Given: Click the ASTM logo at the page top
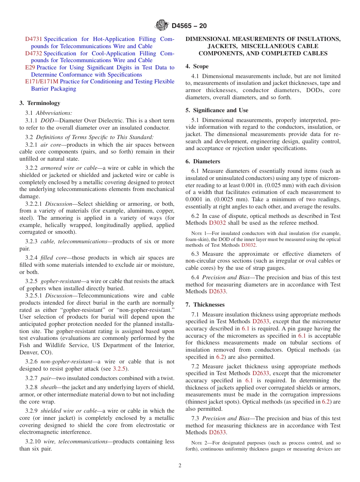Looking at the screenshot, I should tap(162, 25).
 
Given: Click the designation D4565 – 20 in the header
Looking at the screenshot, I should tap(189, 26).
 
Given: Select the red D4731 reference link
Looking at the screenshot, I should tap(34, 39).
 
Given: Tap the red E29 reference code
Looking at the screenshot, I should tap(30, 67).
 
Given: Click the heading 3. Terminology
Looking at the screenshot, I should tap(40, 103).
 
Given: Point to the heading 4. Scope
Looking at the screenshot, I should tap(197, 66).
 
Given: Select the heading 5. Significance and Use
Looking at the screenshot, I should tap(217, 110).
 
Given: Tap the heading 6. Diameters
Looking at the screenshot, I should tap(202, 161).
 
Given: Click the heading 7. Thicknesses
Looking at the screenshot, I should tap(205, 305).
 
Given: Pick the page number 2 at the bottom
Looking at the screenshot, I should tap(180, 466).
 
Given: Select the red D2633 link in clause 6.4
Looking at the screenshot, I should tap(217, 291).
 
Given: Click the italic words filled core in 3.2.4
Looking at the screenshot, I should tap(53, 258).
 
